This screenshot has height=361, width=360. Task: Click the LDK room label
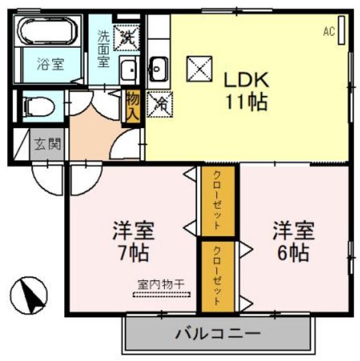click(245, 80)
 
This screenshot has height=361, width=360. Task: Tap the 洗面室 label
click(104, 48)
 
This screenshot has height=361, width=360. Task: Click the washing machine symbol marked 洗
click(126, 36)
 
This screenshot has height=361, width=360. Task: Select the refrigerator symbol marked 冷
click(158, 103)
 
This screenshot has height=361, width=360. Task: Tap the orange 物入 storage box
click(133, 106)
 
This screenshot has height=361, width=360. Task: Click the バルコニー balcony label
click(218, 334)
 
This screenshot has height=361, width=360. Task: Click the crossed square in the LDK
click(196, 68)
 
